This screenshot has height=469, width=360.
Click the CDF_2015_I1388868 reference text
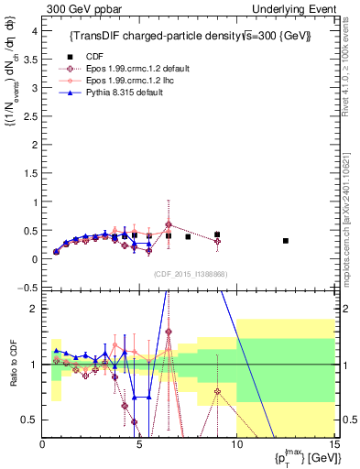[x=190, y=273]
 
